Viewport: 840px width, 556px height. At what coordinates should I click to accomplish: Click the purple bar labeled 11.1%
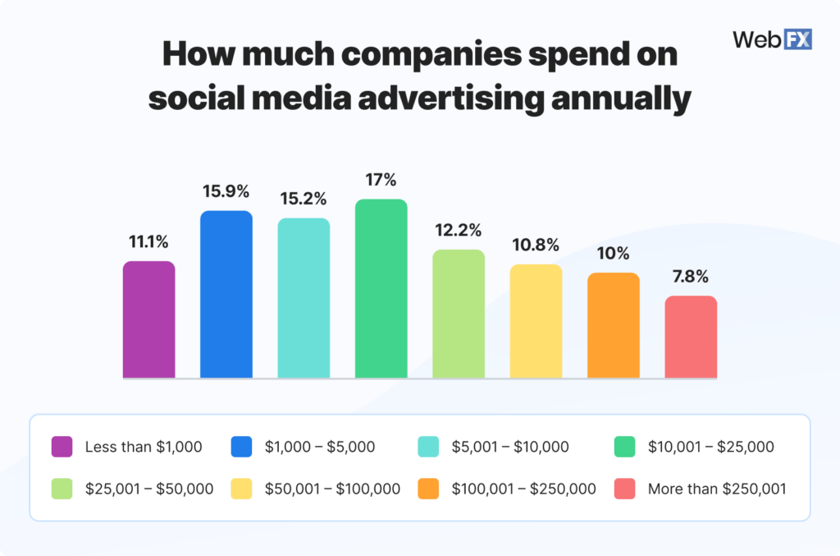pyautogui.click(x=148, y=319)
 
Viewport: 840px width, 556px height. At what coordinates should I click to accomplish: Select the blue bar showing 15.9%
pyautogui.click(x=226, y=294)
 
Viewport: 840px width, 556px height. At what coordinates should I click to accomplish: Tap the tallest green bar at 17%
pyautogui.click(x=381, y=288)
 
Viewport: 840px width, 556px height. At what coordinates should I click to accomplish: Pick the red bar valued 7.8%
pyautogui.click(x=691, y=337)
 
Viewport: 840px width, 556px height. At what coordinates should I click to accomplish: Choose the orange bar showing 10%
pyautogui.click(x=613, y=325)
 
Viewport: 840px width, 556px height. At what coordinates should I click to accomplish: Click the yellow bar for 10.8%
pyautogui.click(x=536, y=321)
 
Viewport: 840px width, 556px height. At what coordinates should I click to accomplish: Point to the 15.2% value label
pyautogui.click(x=304, y=199)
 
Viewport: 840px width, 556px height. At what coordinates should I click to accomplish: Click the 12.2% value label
pyautogui.click(x=459, y=230)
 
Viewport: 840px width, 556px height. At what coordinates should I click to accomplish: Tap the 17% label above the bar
pyautogui.click(x=381, y=179)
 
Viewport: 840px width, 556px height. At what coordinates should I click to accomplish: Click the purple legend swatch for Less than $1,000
pyautogui.click(x=62, y=447)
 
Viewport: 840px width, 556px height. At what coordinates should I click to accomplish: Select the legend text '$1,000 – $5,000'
pyautogui.click(x=319, y=447)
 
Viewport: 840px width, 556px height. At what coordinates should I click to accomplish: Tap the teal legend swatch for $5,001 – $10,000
pyautogui.click(x=428, y=447)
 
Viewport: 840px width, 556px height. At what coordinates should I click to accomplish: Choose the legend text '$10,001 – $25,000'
pyautogui.click(x=710, y=447)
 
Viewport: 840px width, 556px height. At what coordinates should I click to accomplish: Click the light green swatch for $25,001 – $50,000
pyautogui.click(x=62, y=489)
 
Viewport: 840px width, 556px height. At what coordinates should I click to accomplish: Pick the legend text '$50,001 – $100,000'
pyautogui.click(x=332, y=489)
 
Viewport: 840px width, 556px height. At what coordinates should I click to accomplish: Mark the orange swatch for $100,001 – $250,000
pyautogui.click(x=428, y=489)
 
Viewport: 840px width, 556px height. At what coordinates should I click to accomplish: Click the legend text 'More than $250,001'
pyautogui.click(x=717, y=489)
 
